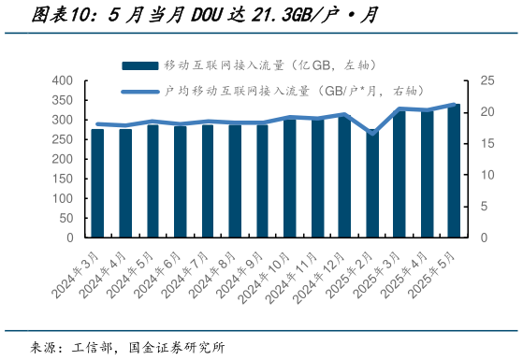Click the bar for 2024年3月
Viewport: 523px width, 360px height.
coord(97,183)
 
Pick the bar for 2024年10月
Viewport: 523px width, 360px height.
coord(290,178)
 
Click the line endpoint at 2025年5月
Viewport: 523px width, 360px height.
coord(454,105)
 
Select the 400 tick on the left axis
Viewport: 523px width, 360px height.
coord(60,80)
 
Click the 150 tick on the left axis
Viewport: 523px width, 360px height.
coord(60,179)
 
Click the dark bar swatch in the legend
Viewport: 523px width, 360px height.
coord(139,65)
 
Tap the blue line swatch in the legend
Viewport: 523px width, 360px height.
coord(139,91)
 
